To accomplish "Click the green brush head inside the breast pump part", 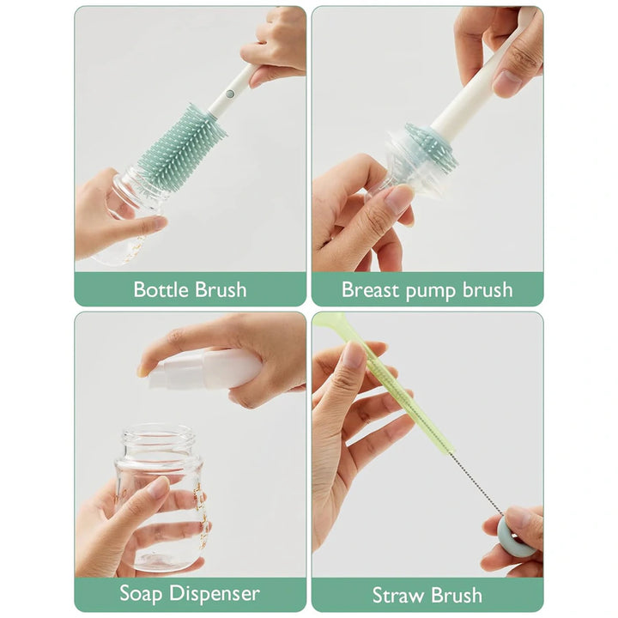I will tap(429, 146).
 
